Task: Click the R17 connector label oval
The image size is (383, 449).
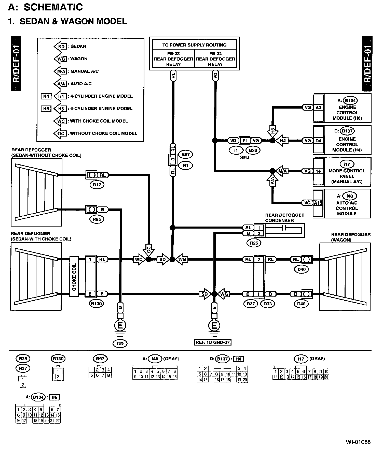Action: pyautogui.click(x=97, y=185)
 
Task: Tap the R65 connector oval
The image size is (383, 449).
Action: pyautogui.click(x=97, y=219)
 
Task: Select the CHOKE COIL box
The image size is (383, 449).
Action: pyautogui.click(x=74, y=277)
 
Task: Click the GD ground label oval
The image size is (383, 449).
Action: pyautogui.click(x=120, y=344)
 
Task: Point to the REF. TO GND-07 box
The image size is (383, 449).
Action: pyautogui.click(x=213, y=342)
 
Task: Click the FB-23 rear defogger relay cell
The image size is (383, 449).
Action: pyautogui.click(x=173, y=59)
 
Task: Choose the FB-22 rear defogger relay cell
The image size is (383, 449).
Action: pyautogui.click(x=215, y=59)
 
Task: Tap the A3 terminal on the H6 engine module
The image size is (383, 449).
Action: pyautogui.click(x=318, y=108)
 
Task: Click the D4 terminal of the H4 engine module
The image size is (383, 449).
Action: pyautogui.click(x=318, y=141)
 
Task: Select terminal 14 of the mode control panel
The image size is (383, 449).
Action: pyautogui.click(x=318, y=171)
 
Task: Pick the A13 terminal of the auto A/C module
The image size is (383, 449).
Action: pyautogui.click(x=318, y=203)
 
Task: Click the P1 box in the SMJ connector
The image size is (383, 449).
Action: pyautogui.click(x=245, y=141)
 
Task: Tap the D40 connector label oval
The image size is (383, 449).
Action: pyautogui.click(x=302, y=269)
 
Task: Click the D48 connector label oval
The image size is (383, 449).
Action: pyautogui.click(x=302, y=304)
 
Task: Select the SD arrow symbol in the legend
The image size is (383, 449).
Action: pyautogui.click(x=60, y=47)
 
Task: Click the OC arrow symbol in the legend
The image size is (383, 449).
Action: pyautogui.click(x=60, y=133)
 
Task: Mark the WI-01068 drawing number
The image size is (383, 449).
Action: pyautogui.click(x=358, y=442)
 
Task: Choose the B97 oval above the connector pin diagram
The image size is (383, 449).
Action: pyautogui.click(x=100, y=359)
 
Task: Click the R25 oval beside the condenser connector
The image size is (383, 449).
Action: pyautogui.click(x=254, y=243)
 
